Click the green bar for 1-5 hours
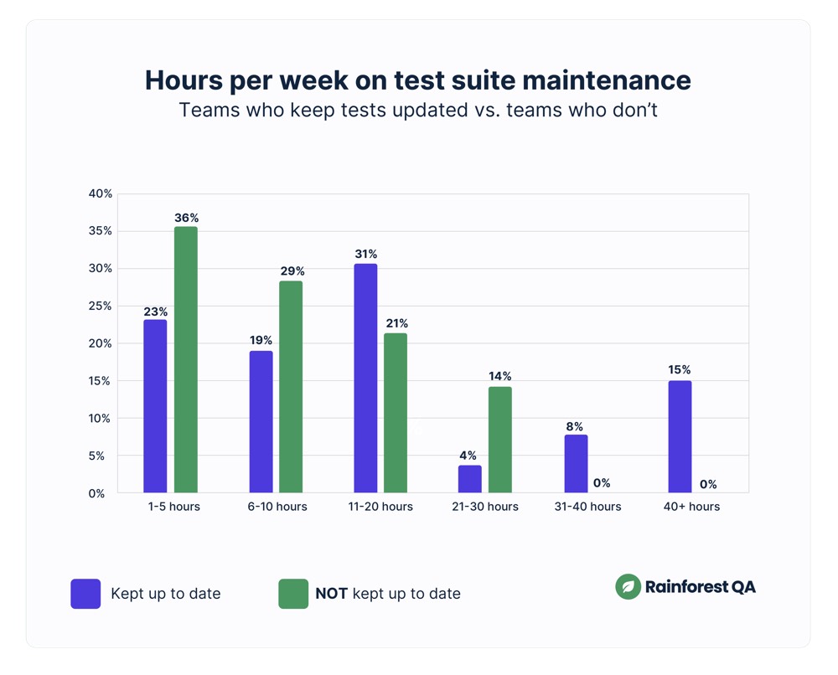[x=186, y=359]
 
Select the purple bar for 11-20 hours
[x=365, y=378]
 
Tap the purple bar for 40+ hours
[x=680, y=436]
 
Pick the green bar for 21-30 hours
[x=499, y=439]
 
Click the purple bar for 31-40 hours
[x=576, y=463]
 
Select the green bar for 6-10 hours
[x=291, y=386]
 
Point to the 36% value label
[x=186, y=218]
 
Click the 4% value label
[x=468, y=456]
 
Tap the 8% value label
[x=574, y=426]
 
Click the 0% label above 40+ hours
[x=708, y=484]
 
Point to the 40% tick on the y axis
[x=101, y=193]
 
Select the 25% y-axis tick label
[x=101, y=307]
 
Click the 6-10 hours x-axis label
[x=277, y=507]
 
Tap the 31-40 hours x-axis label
[x=587, y=507]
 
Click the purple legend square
[x=85, y=594]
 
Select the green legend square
[x=293, y=594]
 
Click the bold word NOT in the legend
[x=332, y=594]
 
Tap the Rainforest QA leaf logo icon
[x=628, y=587]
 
